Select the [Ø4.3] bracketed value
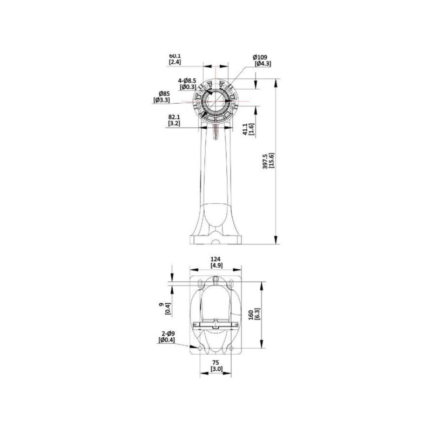[262, 64]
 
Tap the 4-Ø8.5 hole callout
[187, 81]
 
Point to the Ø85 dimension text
[162, 93]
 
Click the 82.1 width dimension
[174, 117]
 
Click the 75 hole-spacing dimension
[215, 362]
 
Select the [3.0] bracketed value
[215, 369]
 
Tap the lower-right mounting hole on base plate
[231, 350]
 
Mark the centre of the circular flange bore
[216, 100]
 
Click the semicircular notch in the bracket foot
[216, 241]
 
